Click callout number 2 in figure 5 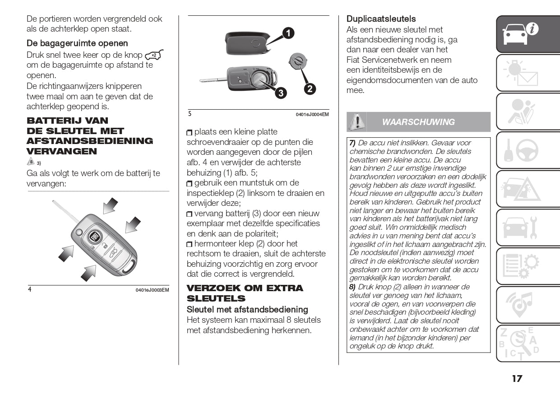pyautogui.click(x=310, y=89)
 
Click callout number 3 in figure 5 pyautogui.click(x=280, y=93)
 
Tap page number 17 pyautogui.click(x=517, y=378)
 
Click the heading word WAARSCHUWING pyautogui.click(x=418, y=122)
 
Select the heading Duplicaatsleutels pyautogui.click(x=381, y=19)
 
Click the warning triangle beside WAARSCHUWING pyautogui.click(x=357, y=121)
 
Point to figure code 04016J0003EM pyautogui.click(x=152, y=290)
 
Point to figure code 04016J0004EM pyautogui.click(x=312, y=115)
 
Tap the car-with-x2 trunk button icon pyautogui.click(x=154, y=55)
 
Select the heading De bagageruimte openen pyautogui.click(x=77, y=43)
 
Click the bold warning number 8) pyautogui.click(x=352, y=287)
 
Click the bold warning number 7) pyautogui.click(x=352, y=143)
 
